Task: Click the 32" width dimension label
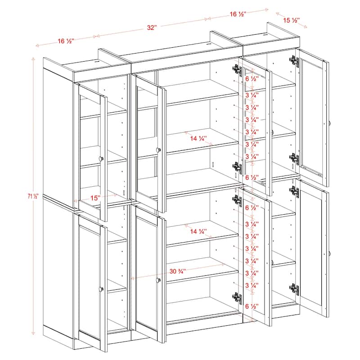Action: click(151, 27)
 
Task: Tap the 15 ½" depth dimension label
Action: click(292, 20)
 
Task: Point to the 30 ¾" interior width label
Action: click(178, 271)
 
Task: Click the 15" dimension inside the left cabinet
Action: click(95, 197)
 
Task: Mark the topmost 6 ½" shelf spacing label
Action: click(252, 78)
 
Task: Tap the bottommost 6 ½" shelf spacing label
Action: click(252, 306)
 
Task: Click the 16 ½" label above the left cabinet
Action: click(66, 41)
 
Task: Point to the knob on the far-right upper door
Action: click(330, 123)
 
